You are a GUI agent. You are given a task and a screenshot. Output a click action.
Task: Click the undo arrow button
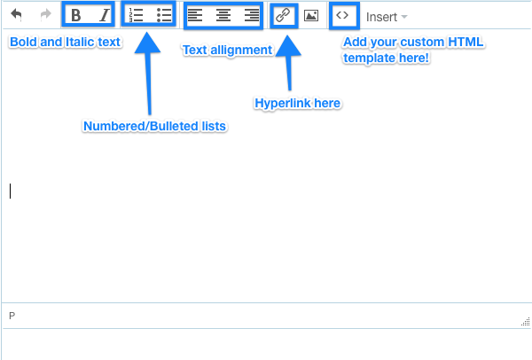click(16, 15)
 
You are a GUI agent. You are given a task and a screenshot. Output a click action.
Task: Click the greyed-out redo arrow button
click(45, 14)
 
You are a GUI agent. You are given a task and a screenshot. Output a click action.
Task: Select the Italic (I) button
click(105, 15)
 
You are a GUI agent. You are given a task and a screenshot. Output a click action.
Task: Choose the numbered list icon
click(136, 15)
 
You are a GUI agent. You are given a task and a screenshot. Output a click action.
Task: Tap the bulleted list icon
click(164, 15)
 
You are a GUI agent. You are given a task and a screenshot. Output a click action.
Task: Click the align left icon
click(195, 15)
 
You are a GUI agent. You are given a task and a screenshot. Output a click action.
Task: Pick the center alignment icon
click(223, 15)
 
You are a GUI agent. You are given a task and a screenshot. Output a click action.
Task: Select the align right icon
click(252, 15)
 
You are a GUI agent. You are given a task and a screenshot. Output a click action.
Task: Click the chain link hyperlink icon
click(283, 15)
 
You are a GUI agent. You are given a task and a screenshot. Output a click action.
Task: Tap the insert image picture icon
click(311, 16)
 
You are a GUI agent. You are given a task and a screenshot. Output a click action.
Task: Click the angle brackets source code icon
click(342, 15)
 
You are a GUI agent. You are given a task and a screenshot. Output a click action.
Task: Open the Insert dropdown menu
click(387, 17)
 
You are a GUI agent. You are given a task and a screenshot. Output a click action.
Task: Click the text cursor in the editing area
click(10, 191)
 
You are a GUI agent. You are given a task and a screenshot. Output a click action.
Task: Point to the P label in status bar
click(12, 316)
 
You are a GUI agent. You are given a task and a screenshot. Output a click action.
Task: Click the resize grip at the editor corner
click(526, 321)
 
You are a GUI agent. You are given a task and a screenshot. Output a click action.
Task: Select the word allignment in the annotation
click(241, 51)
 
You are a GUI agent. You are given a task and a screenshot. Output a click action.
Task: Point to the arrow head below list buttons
click(147, 43)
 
